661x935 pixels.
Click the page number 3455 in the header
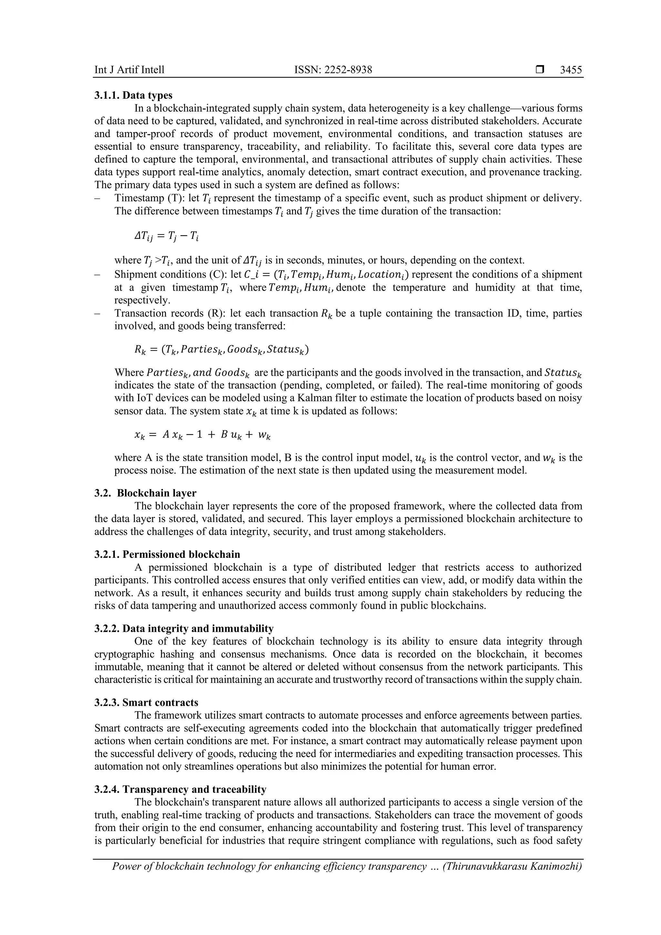(x=571, y=70)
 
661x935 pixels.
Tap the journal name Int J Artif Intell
(x=129, y=70)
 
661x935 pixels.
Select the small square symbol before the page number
(x=540, y=70)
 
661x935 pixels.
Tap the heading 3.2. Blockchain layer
(x=145, y=493)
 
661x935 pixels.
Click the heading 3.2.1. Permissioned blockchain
(x=167, y=554)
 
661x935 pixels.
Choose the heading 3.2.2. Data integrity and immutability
(x=184, y=628)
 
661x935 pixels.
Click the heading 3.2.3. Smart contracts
(x=147, y=703)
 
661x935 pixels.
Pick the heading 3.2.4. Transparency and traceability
(x=180, y=789)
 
